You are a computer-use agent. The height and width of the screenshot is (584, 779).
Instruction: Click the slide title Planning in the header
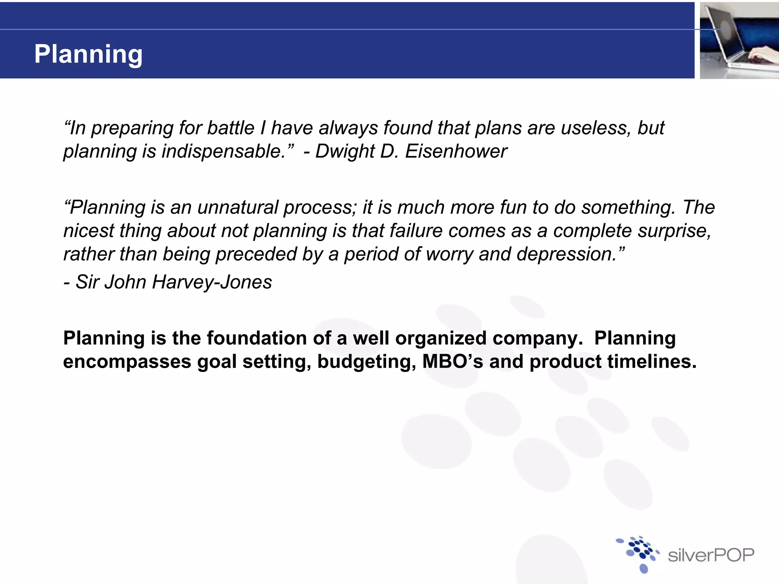(x=88, y=54)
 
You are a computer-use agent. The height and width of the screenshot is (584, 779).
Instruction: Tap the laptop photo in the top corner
(x=739, y=40)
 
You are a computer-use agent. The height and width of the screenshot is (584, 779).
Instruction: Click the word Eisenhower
(x=456, y=151)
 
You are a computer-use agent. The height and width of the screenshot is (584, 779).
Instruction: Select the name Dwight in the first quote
(x=345, y=151)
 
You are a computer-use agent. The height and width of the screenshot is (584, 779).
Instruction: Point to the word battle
(x=231, y=128)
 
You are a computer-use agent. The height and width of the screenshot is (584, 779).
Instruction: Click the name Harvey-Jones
(x=212, y=282)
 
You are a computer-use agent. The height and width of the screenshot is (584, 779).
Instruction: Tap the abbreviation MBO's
(x=452, y=361)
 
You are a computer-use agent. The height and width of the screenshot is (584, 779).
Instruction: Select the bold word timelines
(x=651, y=361)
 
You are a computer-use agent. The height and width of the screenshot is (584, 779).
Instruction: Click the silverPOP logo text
(x=711, y=555)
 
